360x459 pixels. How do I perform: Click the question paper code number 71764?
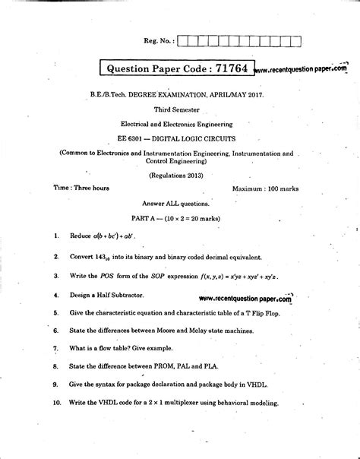click(229, 68)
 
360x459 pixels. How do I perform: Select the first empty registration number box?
click(184, 41)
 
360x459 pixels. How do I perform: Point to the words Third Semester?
click(176, 109)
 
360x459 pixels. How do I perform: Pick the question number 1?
click(56, 236)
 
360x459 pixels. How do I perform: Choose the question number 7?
click(56, 348)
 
